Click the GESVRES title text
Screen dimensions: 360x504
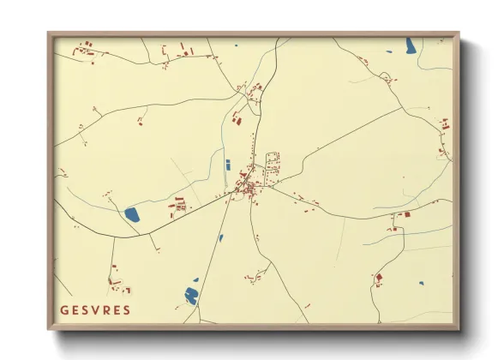(x=95, y=309)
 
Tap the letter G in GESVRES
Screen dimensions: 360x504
(x=64, y=309)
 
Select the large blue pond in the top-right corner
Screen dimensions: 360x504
(x=411, y=45)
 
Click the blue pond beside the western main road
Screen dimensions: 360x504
(x=132, y=214)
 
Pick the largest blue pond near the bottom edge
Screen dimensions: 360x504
(x=191, y=297)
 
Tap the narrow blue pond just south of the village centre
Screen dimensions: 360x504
(x=220, y=237)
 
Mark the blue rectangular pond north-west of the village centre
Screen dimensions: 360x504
(x=227, y=164)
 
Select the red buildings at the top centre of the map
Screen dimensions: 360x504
(x=183, y=51)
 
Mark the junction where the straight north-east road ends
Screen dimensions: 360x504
(x=401, y=107)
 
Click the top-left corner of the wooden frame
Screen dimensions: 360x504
(x=49, y=33)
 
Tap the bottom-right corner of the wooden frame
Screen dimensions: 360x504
(x=458, y=328)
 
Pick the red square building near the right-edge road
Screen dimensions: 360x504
(x=406, y=213)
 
